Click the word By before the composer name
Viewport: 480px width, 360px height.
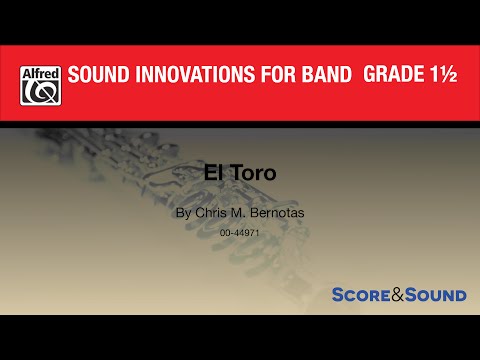tap(181, 213)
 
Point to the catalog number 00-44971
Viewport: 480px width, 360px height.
tap(239, 232)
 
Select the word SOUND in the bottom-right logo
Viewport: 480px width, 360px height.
tap(436, 295)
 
